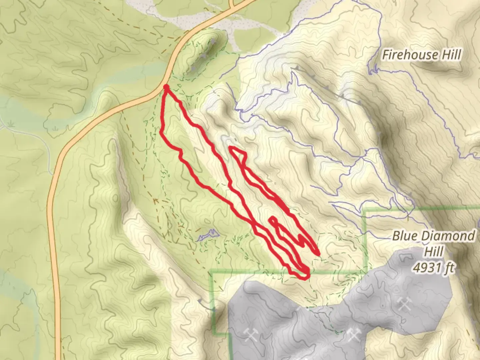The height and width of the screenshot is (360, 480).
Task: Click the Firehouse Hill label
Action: point(422,55)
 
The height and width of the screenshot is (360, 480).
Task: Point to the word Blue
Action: point(404,236)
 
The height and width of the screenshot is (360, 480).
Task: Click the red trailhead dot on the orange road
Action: point(166,87)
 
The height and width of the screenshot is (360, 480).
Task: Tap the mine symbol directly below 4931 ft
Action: point(404,304)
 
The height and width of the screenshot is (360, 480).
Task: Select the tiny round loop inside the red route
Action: point(273,220)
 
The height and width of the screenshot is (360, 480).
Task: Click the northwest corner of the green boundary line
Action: point(211,273)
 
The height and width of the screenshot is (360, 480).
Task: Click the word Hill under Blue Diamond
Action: point(434,251)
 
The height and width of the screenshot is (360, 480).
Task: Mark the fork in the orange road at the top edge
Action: point(233,6)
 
